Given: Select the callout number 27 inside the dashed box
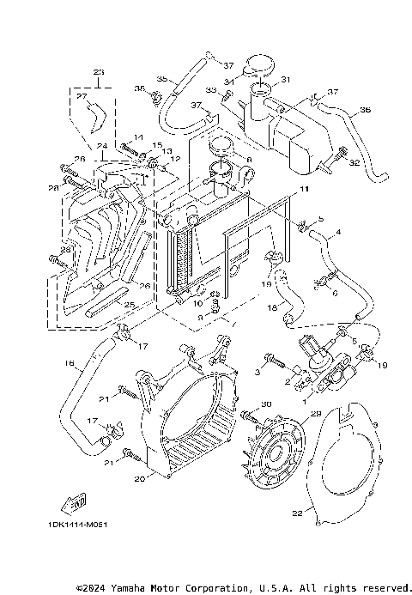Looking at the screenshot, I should coord(83,98).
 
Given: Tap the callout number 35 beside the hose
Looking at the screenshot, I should coord(161,79).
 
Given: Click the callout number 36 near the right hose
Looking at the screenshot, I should coord(365,110).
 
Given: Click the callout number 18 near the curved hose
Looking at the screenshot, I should coord(273,307).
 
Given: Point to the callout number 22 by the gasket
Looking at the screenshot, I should coord(298,514).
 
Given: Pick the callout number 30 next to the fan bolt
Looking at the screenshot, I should coord(266,404).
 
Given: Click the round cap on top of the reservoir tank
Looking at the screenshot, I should coord(258,64).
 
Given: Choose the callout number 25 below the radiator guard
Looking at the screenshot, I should coord(104,304).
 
